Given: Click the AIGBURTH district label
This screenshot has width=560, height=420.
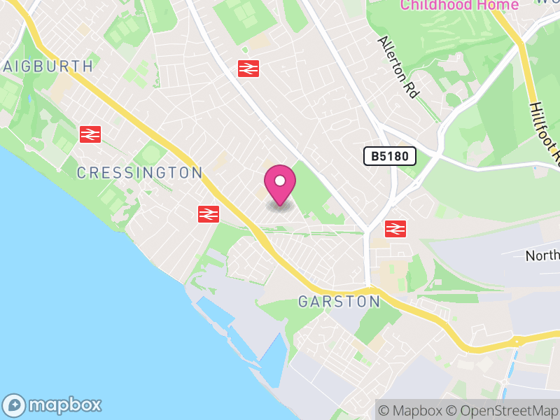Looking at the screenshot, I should [48, 66].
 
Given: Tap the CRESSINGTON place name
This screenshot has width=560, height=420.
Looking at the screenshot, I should [139, 173].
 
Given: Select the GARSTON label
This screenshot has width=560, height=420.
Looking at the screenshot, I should [339, 302].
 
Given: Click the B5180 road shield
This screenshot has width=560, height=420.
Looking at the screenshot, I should [390, 156].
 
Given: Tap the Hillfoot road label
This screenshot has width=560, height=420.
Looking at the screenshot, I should [545, 129].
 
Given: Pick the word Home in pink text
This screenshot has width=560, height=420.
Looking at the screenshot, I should [498, 6].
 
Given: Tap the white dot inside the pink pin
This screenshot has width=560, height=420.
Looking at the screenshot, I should [280, 181].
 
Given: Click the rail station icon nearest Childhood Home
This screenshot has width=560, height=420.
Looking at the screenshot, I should [248, 69].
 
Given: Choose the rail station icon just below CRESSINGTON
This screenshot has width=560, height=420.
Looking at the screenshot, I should [209, 214].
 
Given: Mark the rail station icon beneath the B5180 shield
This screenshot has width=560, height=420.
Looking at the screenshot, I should [395, 228].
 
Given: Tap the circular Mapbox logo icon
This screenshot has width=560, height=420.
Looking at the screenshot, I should [15, 405].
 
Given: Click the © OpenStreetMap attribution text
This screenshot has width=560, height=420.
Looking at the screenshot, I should [503, 410].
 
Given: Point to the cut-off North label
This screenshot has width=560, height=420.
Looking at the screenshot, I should [543, 255].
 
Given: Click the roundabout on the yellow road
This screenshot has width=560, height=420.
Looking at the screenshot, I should [517, 341].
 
